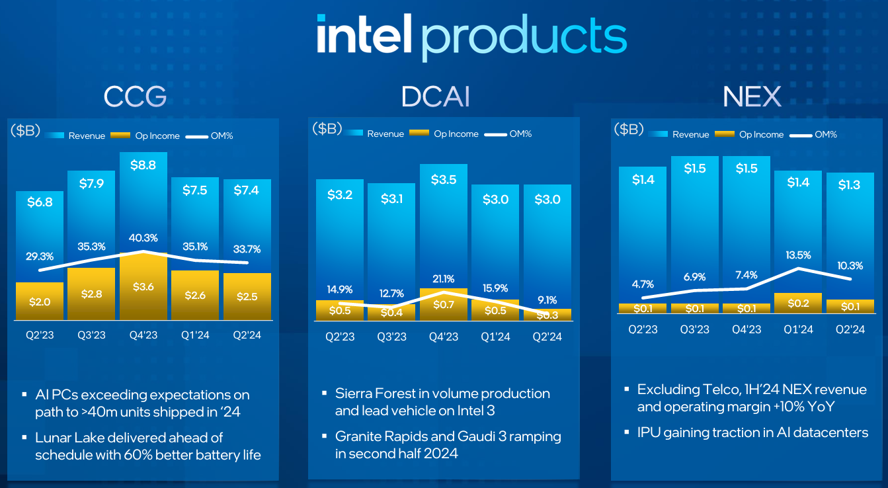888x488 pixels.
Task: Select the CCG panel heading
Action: coord(135,97)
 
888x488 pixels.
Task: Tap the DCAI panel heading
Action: coord(436,97)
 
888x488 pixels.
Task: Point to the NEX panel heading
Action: coord(752,97)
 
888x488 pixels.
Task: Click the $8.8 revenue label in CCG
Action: coord(143,165)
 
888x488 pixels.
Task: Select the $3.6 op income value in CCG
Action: coord(143,287)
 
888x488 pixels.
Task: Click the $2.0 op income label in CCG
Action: coord(40,302)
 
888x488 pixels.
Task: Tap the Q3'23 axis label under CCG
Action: coord(91,335)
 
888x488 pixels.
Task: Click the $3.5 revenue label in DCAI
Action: coord(444,179)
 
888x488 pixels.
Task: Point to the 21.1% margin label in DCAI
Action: coord(444,278)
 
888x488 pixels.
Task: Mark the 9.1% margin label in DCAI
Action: coord(547,298)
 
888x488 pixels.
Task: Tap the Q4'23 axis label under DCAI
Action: coord(444,337)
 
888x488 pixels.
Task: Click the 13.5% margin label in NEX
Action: coord(798,255)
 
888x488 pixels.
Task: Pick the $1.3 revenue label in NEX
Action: coord(850,184)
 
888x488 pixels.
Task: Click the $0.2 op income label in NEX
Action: coord(798,303)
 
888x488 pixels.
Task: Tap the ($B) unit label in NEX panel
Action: coord(628,129)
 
